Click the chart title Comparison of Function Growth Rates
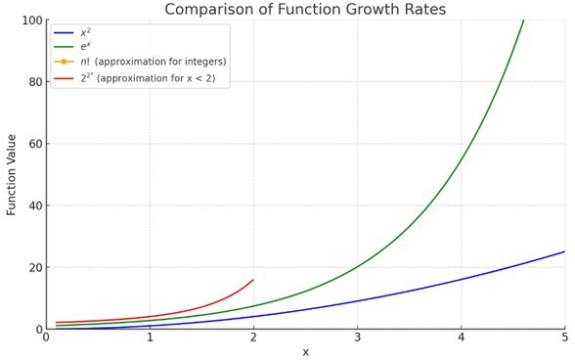tap(305, 10)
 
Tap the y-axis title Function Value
tap(12, 174)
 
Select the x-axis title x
tap(305, 352)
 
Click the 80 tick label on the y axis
tap(34, 82)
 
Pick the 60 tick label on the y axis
tap(34, 144)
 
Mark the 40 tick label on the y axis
tap(34, 205)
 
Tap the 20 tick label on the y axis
tap(34, 267)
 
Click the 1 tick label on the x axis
tap(150, 338)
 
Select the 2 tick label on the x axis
tap(253, 338)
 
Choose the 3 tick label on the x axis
tap(357, 338)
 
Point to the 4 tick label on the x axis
tap(461, 338)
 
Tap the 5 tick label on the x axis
tap(564, 338)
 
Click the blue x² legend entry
tap(85, 32)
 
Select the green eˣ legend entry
tap(85, 47)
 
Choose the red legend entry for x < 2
tap(151, 77)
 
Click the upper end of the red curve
tap(253, 280)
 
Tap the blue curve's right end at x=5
tap(564, 251)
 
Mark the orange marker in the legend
tap(64, 62)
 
